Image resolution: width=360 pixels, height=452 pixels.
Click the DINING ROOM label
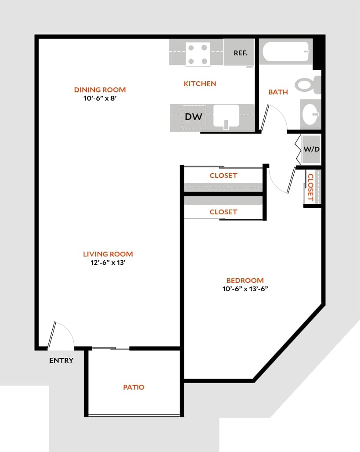[x=100, y=90]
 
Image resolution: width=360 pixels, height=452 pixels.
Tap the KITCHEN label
[x=200, y=83]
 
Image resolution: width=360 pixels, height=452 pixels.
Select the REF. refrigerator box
[x=239, y=53]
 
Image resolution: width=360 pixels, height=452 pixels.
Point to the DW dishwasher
[x=193, y=117]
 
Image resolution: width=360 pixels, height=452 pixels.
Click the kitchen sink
[x=226, y=117]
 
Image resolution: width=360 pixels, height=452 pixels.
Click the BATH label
[x=278, y=92]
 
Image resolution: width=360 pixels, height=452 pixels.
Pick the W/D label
[x=312, y=149]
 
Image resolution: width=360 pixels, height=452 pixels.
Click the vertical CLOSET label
[x=310, y=188]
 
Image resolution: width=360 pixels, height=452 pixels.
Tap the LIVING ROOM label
[x=108, y=254]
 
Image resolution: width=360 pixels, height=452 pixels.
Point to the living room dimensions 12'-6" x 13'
[x=108, y=263]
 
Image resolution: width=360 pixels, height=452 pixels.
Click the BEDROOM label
[x=245, y=280]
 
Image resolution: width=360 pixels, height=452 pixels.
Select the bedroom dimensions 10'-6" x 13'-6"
[x=245, y=289]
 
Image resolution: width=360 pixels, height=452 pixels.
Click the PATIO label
[x=133, y=387]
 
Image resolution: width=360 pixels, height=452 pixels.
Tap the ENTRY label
[x=61, y=361]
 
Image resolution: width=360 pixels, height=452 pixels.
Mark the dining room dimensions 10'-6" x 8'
[x=100, y=98]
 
